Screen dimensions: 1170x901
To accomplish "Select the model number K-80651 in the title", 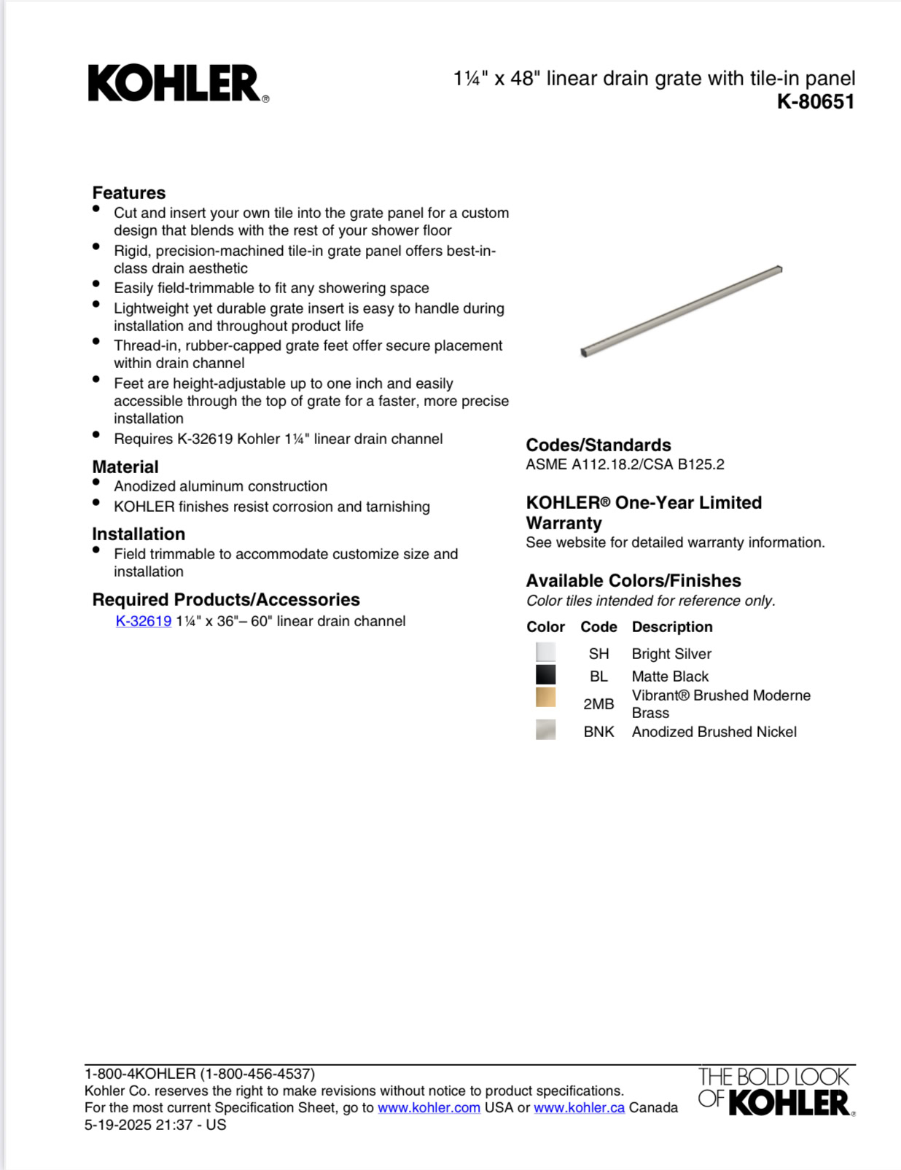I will click(815, 101).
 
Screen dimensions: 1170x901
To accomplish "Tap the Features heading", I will click(129, 192).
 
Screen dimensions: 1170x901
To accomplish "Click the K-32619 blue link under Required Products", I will click(144, 621).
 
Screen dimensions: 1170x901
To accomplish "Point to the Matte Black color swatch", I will click(545, 675).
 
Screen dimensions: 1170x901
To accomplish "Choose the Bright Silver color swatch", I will click(545, 652).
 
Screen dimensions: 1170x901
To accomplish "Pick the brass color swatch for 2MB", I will click(545, 698).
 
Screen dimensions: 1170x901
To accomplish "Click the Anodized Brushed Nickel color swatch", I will click(545, 730).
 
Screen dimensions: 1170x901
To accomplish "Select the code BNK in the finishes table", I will click(598, 732).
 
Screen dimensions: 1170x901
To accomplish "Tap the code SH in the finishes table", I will click(598, 654).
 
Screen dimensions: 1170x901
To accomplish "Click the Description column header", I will click(672, 627).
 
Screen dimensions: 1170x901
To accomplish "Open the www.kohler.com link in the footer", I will click(429, 1108).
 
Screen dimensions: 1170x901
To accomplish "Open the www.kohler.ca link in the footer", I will click(579, 1108).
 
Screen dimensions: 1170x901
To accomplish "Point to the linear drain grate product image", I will click(682, 311).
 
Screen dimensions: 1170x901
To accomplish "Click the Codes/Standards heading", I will click(598, 445).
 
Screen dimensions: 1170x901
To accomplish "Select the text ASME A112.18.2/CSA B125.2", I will click(625, 464).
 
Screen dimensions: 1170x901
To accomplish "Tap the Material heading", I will click(125, 467).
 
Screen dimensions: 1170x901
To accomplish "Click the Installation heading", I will click(139, 534).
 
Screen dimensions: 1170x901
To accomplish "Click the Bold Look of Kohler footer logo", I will click(775, 1091).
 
